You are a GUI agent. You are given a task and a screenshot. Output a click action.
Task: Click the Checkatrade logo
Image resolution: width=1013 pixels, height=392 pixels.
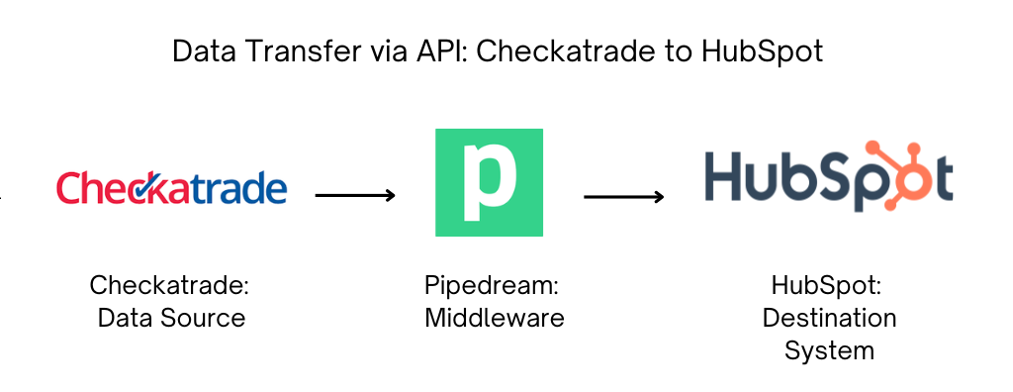tap(171, 188)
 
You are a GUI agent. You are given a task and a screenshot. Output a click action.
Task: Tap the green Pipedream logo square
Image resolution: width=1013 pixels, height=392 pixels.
tap(489, 182)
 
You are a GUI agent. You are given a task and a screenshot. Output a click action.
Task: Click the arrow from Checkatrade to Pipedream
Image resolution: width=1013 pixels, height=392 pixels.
tap(355, 195)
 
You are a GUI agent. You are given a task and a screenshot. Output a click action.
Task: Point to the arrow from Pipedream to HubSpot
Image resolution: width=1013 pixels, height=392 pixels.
tap(623, 197)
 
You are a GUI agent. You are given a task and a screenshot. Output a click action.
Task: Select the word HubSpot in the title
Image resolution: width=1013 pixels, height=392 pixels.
tap(763, 51)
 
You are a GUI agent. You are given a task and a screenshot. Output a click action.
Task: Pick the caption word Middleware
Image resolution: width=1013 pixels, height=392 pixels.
tap(494, 318)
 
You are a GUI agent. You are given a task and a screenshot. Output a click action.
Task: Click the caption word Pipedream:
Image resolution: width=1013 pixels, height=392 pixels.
tap(492, 286)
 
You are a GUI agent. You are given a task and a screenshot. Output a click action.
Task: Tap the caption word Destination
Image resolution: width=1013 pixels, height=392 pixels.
tap(829, 318)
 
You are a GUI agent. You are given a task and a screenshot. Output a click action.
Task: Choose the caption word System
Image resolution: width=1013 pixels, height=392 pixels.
tap(829, 349)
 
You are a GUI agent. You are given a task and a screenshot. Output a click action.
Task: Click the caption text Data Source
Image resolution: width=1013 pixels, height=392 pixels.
tap(171, 318)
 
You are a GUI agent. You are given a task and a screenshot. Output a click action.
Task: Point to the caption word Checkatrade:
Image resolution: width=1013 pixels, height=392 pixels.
tap(170, 286)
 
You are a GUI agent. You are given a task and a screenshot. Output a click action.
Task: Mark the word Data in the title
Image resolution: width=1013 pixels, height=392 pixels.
tap(203, 51)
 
